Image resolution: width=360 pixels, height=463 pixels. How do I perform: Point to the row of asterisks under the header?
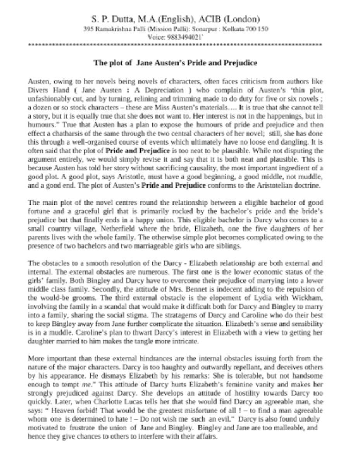click(175, 46)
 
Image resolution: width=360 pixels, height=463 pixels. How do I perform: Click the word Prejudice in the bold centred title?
click(239, 63)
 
